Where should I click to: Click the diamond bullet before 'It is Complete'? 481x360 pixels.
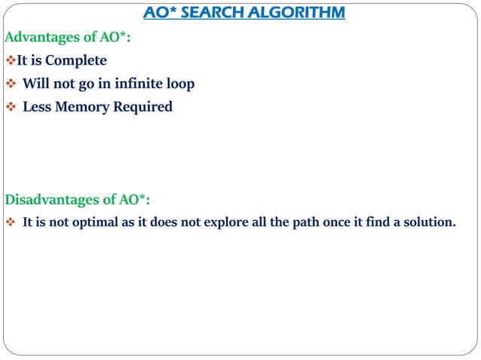pyautogui.click(x=11, y=60)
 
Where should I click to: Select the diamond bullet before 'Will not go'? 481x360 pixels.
pyautogui.click(x=11, y=84)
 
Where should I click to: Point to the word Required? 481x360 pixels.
pyautogui.click(x=143, y=107)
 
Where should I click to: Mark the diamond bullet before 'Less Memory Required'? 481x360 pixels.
pyautogui.click(x=11, y=107)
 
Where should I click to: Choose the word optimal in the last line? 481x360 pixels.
pyautogui.click(x=103, y=223)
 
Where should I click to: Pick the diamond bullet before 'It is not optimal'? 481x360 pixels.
pyautogui.click(x=11, y=223)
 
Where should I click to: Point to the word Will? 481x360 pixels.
pyautogui.click(x=35, y=84)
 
